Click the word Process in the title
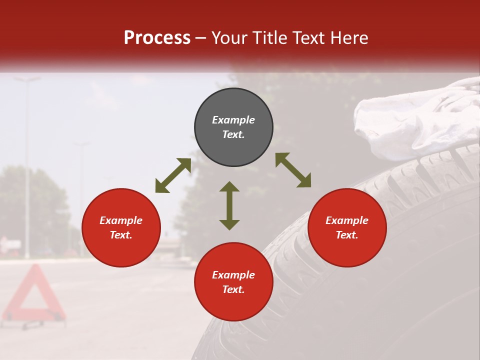coord(157,38)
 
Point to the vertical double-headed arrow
coord(229,205)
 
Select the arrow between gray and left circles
coord(173,175)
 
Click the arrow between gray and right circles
coord(293,170)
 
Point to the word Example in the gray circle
coord(233,120)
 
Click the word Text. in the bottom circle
coord(233,289)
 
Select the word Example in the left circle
coord(121,220)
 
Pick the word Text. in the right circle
coord(347,235)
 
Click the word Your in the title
coord(229,38)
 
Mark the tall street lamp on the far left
coord(27,165)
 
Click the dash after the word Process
coord(201,38)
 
